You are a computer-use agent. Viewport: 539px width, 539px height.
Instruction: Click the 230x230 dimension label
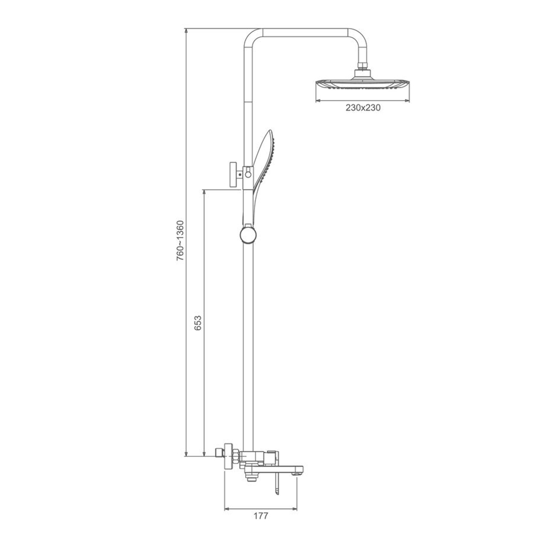363,108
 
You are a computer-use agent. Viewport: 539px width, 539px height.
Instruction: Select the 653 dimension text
198,323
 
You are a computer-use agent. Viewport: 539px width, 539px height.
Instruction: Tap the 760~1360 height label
180,240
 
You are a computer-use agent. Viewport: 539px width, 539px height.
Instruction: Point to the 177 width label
260,516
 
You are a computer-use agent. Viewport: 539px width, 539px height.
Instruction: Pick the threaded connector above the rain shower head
363,66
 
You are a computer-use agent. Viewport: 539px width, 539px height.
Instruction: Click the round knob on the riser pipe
248,235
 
